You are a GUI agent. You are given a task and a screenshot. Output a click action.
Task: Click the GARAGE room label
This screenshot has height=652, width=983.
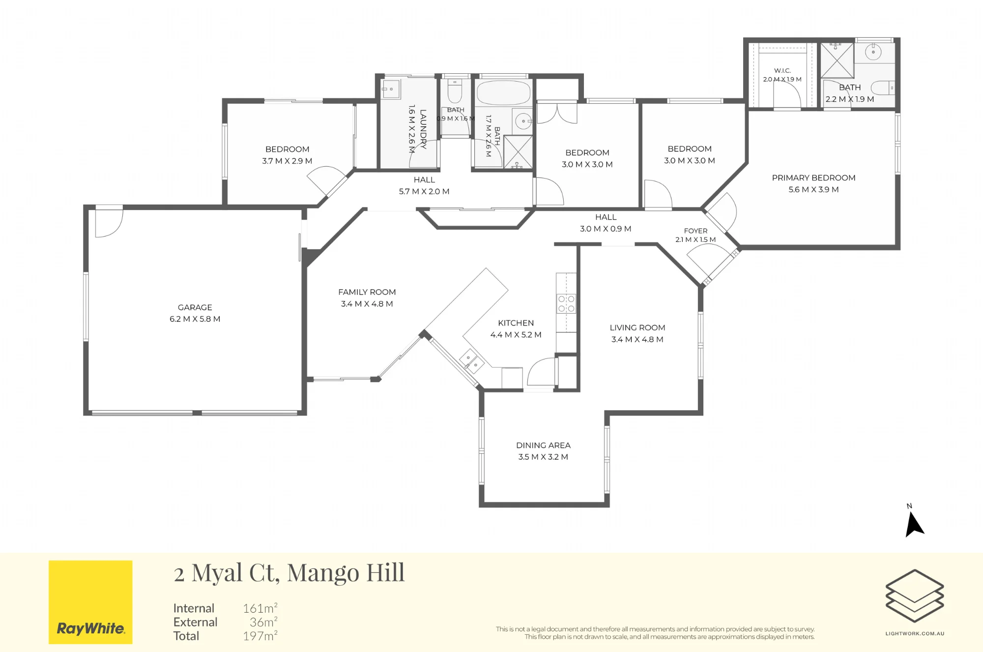click(x=195, y=307)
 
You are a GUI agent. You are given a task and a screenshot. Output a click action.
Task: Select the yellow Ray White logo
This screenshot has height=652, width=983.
click(x=90, y=602)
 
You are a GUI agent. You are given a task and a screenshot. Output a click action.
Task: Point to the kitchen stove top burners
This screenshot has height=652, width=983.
click(x=566, y=303)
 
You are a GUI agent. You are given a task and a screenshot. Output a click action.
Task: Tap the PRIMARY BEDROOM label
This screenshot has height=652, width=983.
click(x=813, y=178)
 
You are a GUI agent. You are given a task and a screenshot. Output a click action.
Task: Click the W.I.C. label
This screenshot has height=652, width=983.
click(x=782, y=71)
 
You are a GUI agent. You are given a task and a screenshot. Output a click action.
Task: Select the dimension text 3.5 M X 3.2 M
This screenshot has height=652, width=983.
click(x=543, y=457)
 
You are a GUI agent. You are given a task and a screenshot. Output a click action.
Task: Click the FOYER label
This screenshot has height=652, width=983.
click(x=695, y=231)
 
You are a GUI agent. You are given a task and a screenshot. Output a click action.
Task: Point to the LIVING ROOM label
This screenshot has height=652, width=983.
click(x=637, y=327)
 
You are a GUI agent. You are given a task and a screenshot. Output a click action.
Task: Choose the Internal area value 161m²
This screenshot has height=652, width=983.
click(x=260, y=608)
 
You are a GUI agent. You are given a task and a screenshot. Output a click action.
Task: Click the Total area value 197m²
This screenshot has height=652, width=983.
click(x=260, y=636)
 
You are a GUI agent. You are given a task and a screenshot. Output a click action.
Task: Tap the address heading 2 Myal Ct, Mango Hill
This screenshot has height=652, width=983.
click(x=289, y=573)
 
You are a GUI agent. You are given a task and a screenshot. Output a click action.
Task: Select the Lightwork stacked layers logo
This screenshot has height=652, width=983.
click(x=915, y=596)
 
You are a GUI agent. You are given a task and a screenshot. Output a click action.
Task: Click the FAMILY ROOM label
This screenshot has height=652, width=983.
click(x=367, y=292)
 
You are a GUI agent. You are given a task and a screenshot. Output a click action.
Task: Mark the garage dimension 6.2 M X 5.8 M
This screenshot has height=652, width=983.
click(x=195, y=319)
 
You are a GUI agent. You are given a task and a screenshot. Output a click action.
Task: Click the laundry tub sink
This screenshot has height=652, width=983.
click(x=391, y=89)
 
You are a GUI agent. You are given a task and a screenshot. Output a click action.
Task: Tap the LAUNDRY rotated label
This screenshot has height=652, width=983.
click(x=423, y=129)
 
